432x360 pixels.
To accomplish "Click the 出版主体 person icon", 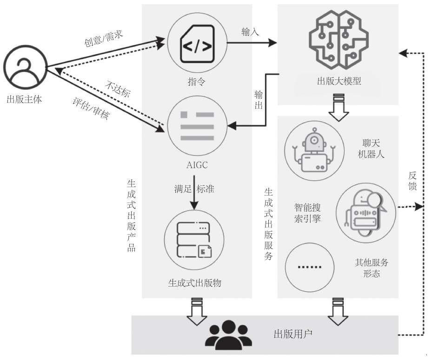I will click(25, 67).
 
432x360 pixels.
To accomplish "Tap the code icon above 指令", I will click(196, 46).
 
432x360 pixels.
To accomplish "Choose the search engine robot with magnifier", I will click(366, 210).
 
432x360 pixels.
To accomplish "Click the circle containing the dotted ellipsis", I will click(309, 267).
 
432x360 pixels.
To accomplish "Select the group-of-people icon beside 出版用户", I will click(227, 334).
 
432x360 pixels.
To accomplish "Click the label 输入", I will click(250, 32).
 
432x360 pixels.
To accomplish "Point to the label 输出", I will click(259, 99).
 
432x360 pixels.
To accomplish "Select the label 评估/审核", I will click(91, 109).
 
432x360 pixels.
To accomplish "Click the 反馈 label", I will click(412, 181).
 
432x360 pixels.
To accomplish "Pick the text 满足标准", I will click(194, 189).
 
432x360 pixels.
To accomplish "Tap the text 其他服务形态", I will click(372, 268).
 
